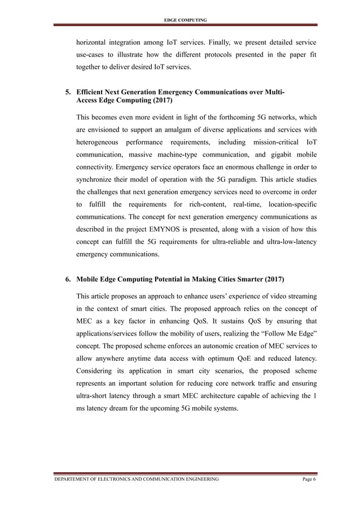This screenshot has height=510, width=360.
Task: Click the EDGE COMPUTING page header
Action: click(x=185, y=20)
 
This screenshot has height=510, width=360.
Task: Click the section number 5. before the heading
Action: click(x=68, y=92)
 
